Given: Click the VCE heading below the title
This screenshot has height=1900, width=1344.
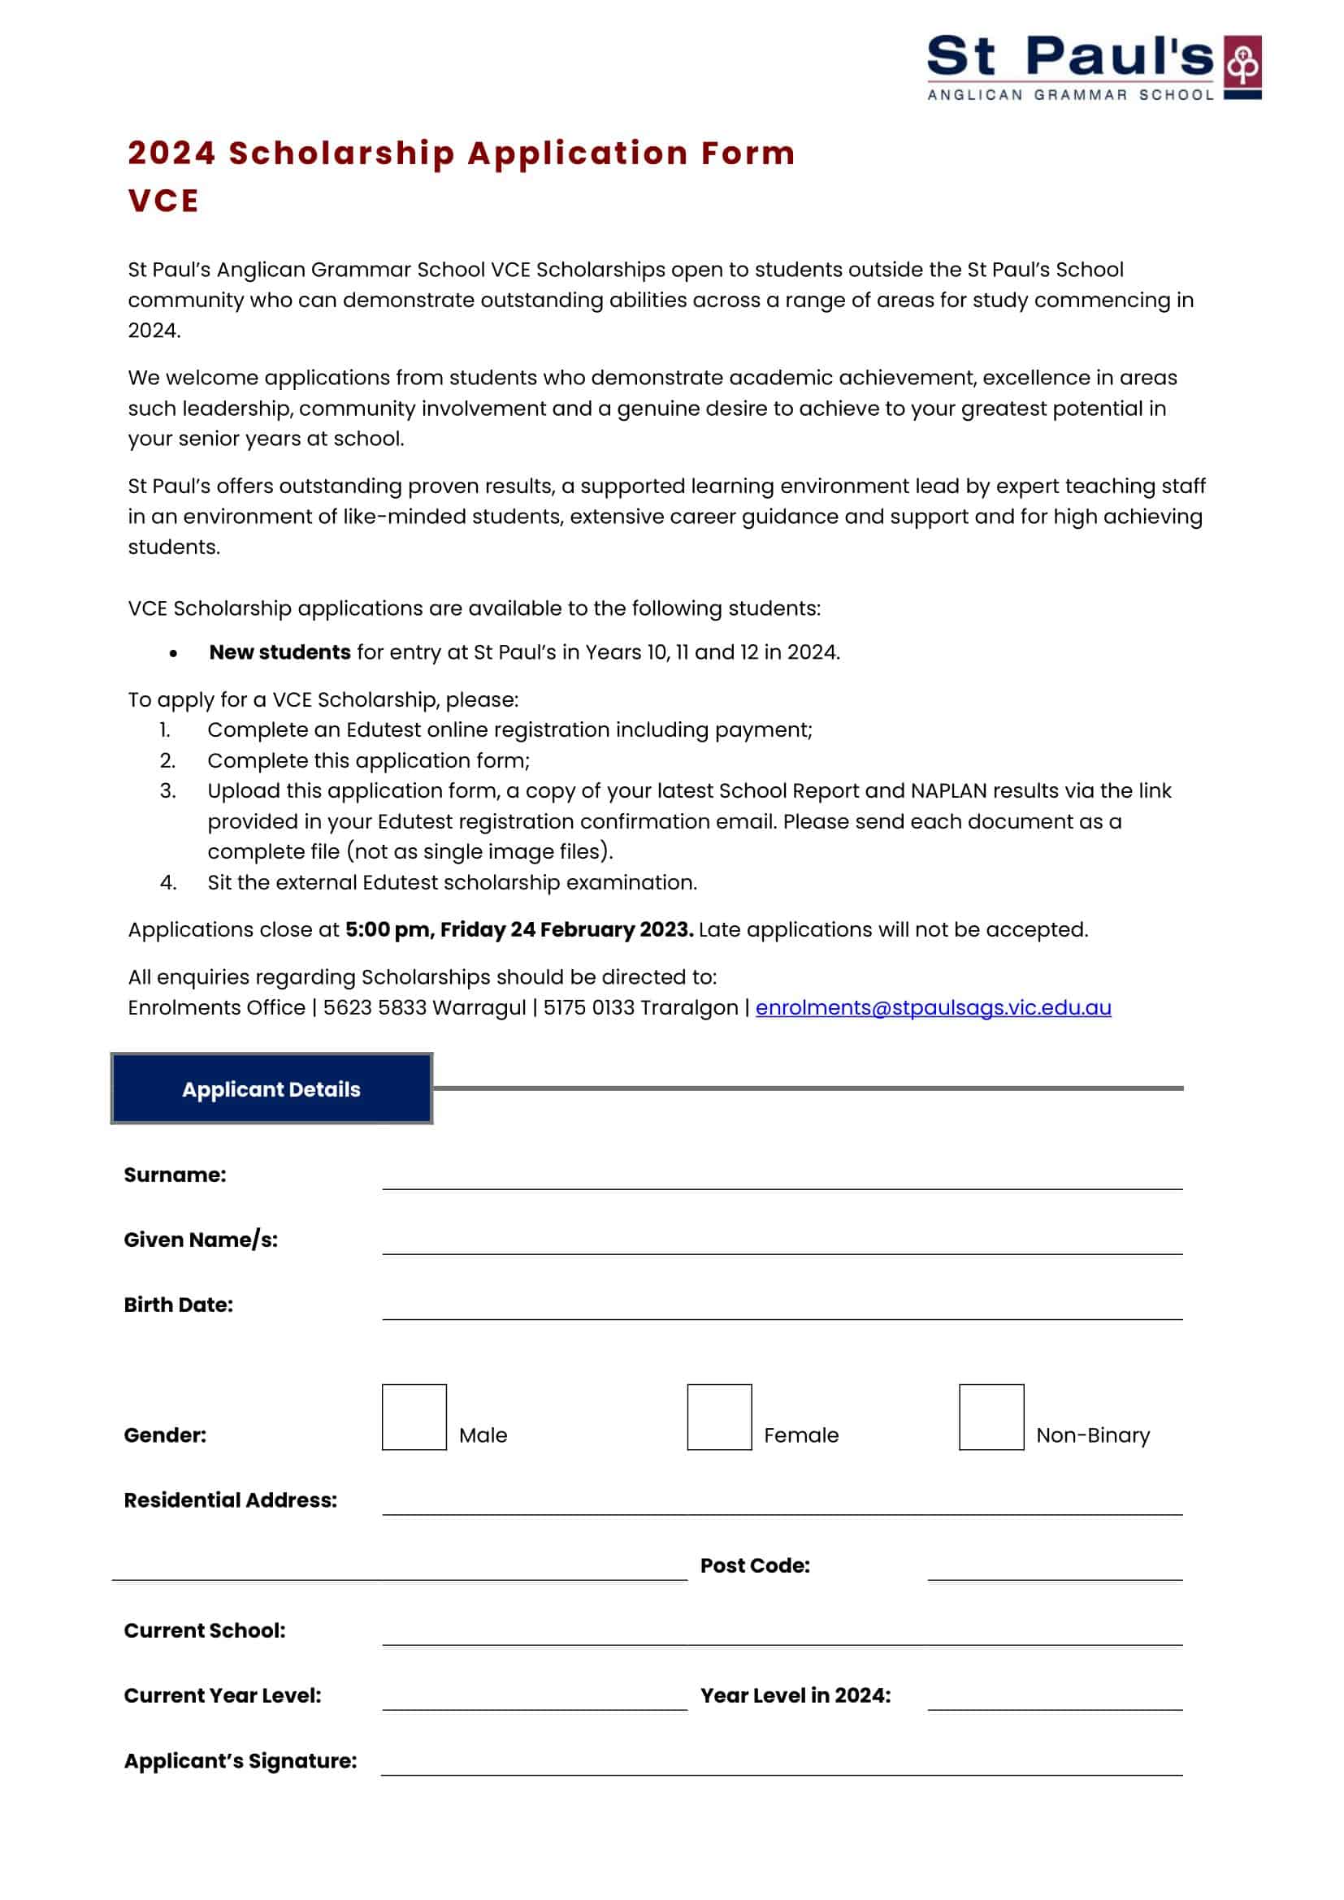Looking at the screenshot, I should pyautogui.click(x=163, y=201).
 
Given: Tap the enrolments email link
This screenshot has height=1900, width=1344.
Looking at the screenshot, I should pyautogui.click(x=933, y=1007).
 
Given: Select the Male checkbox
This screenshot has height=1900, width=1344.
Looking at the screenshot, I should pyautogui.click(x=414, y=1417).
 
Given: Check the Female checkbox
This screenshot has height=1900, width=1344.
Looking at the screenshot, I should pyautogui.click(x=718, y=1417).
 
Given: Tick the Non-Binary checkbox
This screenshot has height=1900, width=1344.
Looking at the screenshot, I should pyautogui.click(x=991, y=1417).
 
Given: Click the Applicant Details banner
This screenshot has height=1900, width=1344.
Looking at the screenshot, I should pyautogui.click(x=271, y=1088).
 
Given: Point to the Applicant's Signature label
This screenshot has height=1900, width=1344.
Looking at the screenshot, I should pyautogui.click(x=240, y=1761).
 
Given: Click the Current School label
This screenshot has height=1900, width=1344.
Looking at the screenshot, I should pyautogui.click(x=205, y=1630).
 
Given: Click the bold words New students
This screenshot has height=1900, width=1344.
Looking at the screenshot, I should pyautogui.click(x=280, y=652).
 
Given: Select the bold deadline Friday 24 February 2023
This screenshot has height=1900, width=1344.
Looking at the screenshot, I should pyautogui.click(x=566, y=929).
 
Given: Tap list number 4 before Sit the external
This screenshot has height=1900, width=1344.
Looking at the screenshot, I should pyautogui.click(x=168, y=882).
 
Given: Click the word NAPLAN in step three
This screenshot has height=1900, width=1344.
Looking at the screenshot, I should pyautogui.click(x=947, y=790).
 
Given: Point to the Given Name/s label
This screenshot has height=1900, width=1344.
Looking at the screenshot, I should pyautogui.click(x=200, y=1240).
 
